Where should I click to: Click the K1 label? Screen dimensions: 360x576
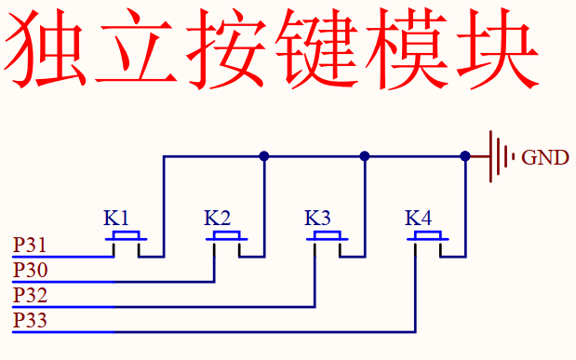pyautogui.click(x=116, y=219)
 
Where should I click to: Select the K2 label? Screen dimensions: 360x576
pyautogui.click(x=217, y=219)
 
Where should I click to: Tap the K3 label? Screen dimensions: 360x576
pyautogui.click(x=317, y=219)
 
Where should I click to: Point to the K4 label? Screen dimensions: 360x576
pyautogui.click(x=418, y=219)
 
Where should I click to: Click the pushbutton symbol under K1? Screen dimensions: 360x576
pyautogui.click(x=125, y=239)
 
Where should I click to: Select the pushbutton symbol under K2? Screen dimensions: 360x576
pyautogui.click(x=225, y=239)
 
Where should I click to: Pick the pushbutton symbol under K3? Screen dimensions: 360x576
pyautogui.click(x=326, y=239)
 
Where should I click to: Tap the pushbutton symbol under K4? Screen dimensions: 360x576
pyautogui.click(x=426, y=239)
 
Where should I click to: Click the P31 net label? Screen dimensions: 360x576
pyautogui.click(x=30, y=247)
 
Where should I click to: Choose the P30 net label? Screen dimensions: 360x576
pyautogui.click(x=30, y=271)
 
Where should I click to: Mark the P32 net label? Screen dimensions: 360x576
pyautogui.click(x=30, y=296)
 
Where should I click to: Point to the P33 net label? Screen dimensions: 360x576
pyautogui.click(x=30, y=321)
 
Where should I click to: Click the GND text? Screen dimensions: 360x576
pyautogui.click(x=544, y=157)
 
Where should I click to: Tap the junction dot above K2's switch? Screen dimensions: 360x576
pyautogui.click(x=264, y=156)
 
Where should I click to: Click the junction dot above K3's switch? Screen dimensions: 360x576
pyautogui.click(x=365, y=156)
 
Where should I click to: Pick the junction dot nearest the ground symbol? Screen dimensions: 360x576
pyautogui.click(x=465, y=156)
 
